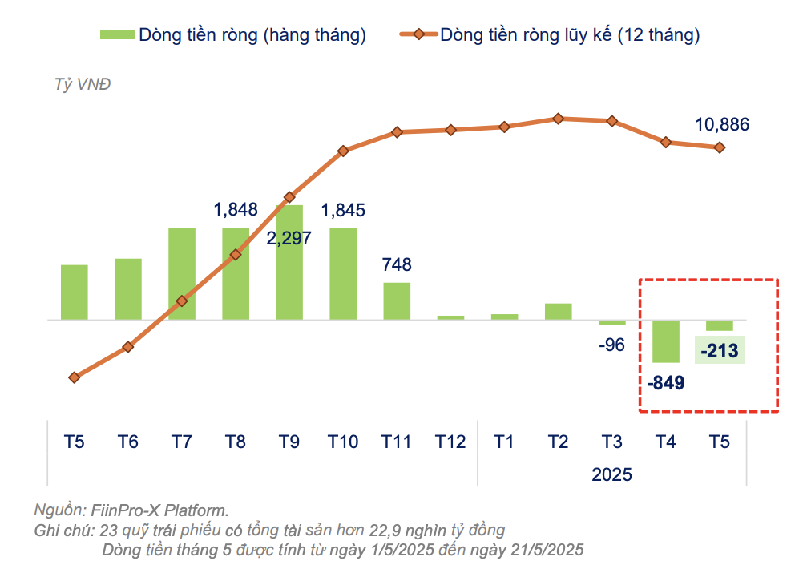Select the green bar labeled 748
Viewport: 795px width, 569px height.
397,301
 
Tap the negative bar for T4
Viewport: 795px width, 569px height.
666,341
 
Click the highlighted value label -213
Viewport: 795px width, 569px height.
720,350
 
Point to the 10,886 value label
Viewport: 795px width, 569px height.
722,124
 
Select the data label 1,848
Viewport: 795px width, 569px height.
236,210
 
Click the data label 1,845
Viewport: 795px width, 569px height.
343,211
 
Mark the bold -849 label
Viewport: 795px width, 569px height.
666,383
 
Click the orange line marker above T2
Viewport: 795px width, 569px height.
559,119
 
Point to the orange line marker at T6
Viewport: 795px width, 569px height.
127,347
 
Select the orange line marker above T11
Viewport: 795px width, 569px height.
397,132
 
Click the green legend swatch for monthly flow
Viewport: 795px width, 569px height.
116,34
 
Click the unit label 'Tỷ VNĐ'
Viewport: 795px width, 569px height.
82,85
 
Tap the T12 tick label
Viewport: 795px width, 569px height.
450,442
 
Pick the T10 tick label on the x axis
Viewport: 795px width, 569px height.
343,442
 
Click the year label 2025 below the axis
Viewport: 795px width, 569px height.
612,474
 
